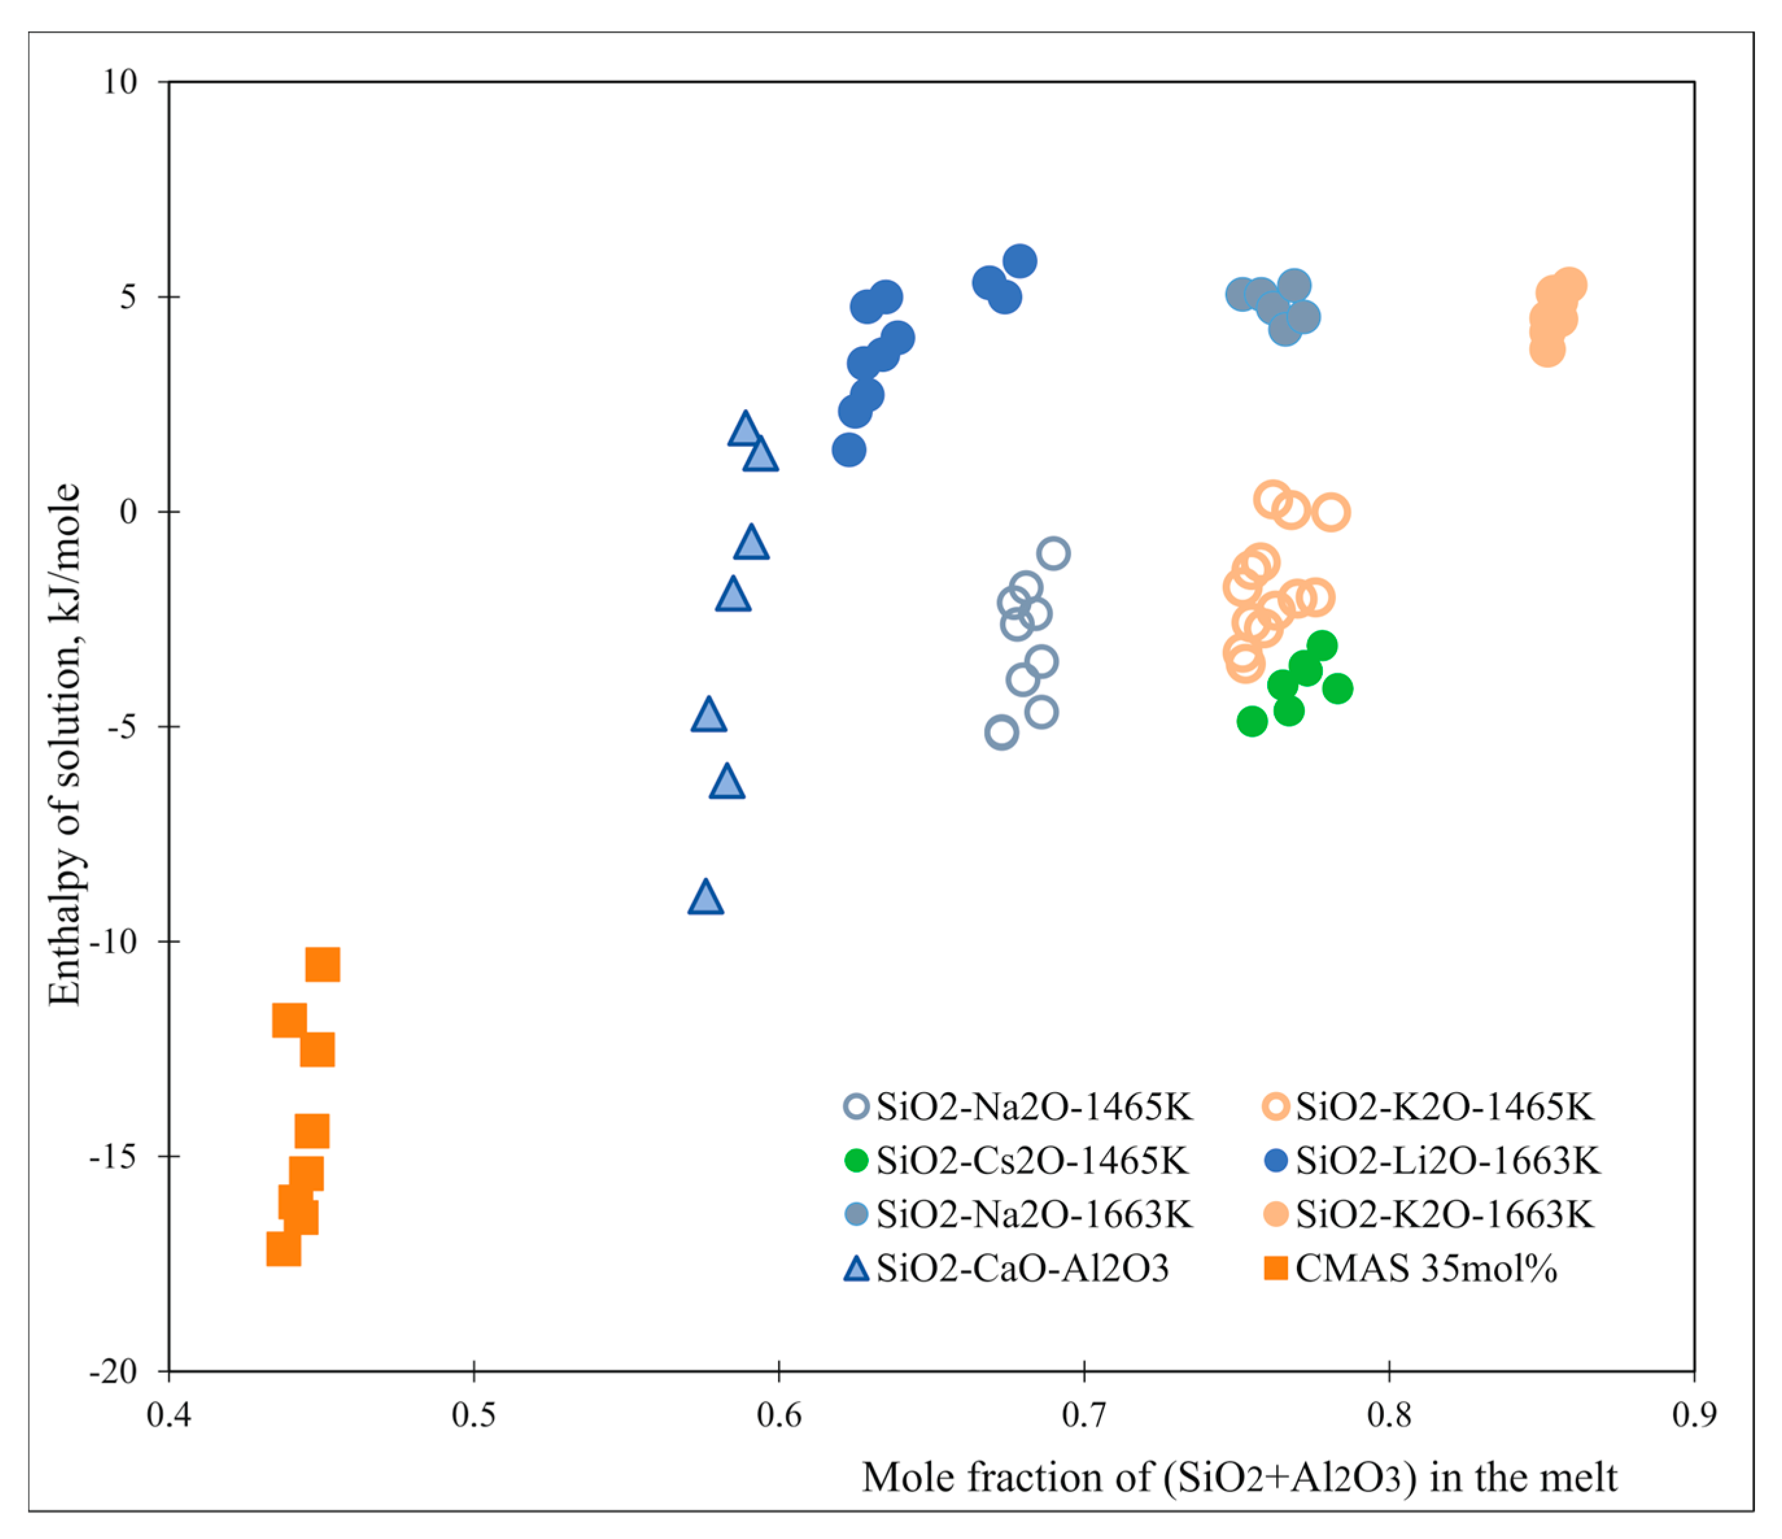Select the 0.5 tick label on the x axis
tap(474, 1415)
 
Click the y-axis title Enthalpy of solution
tap(64, 744)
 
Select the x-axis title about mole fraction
tap(1239, 1478)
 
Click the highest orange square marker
tap(322, 965)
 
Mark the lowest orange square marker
tap(284, 1249)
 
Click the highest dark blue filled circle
tap(1019, 261)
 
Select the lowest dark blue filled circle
tap(849, 450)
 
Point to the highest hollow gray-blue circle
tap(1054, 553)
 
